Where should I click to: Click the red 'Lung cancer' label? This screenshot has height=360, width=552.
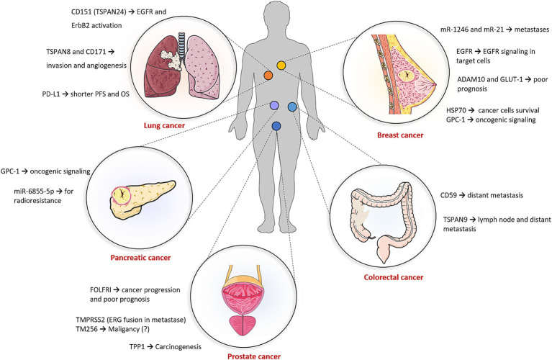[164, 125]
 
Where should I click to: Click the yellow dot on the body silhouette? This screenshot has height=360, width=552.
[281, 66]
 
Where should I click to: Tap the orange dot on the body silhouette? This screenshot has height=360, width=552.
[268, 75]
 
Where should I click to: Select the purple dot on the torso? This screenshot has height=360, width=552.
[273, 107]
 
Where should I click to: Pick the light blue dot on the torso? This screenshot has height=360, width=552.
[292, 107]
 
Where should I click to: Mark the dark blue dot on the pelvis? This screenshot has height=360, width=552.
[276, 127]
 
